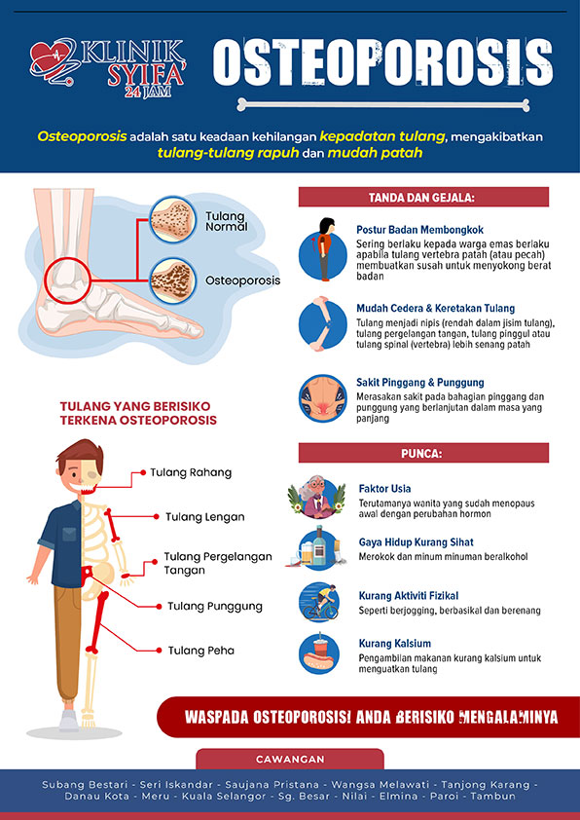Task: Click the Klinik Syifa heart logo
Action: click(x=53, y=61)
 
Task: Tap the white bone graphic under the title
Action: click(x=383, y=104)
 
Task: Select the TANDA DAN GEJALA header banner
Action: click(x=423, y=197)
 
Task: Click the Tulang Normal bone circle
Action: click(x=172, y=219)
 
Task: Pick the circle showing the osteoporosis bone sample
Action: click(x=173, y=281)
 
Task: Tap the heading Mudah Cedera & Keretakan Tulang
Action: click(x=435, y=308)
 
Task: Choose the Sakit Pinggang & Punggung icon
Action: click(x=323, y=398)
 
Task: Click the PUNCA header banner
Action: click(x=423, y=453)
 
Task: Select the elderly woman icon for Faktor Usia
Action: click(x=316, y=497)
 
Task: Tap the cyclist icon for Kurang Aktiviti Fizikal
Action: click(x=319, y=602)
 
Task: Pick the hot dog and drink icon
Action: click(x=319, y=653)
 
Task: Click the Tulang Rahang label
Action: click(x=191, y=472)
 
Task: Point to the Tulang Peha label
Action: click(x=201, y=651)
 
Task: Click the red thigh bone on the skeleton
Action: click(x=98, y=622)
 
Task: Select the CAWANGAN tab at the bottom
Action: click(x=290, y=759)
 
